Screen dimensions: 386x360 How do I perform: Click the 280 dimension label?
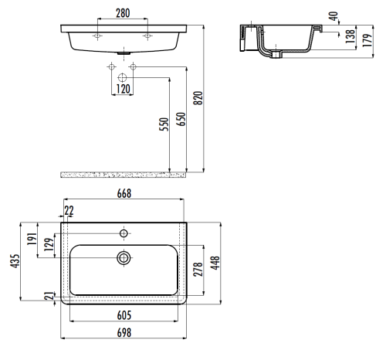[123, 13]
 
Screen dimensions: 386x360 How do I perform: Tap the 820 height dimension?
[198, 98]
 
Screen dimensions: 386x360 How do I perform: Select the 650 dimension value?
[181, 119]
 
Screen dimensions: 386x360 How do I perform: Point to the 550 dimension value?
[164, 124]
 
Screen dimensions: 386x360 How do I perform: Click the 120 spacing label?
[123, 89]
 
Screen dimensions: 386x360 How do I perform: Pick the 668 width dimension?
[124, 193]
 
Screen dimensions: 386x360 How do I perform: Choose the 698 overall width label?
[124, 332]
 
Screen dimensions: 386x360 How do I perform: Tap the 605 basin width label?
[124, 315]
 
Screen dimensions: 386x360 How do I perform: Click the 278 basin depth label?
[198, 270]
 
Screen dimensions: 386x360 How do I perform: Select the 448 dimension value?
[215, 263]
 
